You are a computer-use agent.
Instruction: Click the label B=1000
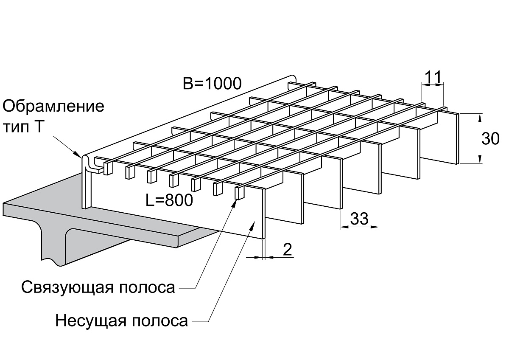point(212,84)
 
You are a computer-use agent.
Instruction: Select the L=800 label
point(169,200)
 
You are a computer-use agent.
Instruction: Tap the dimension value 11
point(433,77)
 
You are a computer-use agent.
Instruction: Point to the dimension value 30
point(490,138)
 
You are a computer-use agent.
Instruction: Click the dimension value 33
point(359,218)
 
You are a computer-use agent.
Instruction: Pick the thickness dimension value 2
point(288,250)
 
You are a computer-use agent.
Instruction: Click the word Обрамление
point(53,106)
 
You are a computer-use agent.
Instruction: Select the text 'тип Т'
point(23,127)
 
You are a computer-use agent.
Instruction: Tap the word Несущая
point(91,321)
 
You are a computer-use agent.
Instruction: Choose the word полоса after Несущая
point(160,321)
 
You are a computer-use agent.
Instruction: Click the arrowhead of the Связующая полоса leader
point(235,203)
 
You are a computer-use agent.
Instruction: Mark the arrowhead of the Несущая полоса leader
point(252,227)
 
